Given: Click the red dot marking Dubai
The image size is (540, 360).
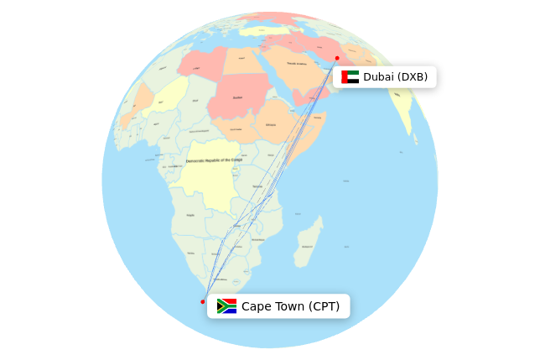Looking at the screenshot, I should pos(337,58).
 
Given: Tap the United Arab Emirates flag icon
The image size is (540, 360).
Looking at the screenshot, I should pos(350,77).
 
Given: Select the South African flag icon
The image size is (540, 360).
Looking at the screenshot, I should pos(226,306).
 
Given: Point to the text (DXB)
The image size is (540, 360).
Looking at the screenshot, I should pos(413,77).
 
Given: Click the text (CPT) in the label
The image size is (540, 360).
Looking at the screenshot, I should pos(324,306).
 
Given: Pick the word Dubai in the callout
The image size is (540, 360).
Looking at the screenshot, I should pos(378,77).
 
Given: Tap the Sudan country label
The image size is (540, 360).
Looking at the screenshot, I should pos(238,97).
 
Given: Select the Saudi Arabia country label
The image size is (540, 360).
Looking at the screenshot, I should pos(297,63).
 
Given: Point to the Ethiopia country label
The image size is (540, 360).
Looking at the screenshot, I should pos(271,125).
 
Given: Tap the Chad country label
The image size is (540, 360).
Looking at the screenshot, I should pos(196,101).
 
